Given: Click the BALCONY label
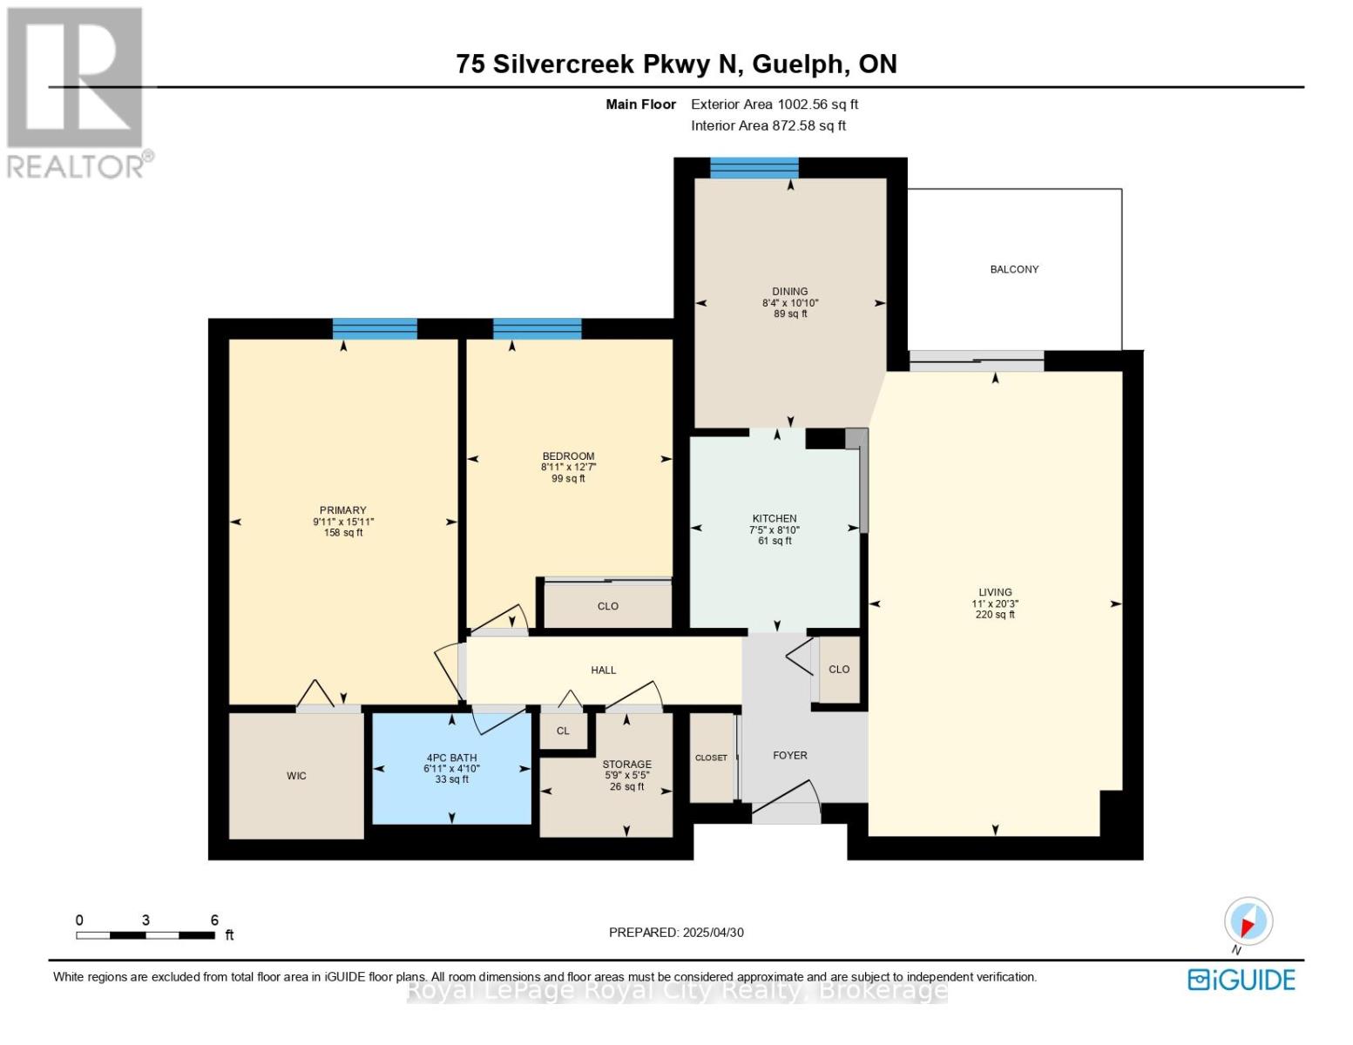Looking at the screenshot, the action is point(1013,269).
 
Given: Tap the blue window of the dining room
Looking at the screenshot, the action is point(754,168).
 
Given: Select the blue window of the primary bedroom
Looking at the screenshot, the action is point(375,328).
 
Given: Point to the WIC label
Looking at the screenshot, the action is point(296,776).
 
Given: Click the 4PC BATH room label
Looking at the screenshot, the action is point(451,758).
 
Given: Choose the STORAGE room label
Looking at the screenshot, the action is point(626,764).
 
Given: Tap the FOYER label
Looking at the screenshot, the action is point(789,755).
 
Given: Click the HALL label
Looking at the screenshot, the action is point(604,670).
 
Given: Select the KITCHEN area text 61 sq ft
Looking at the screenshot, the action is point(774,541).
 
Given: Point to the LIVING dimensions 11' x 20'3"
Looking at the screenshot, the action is point(994,603).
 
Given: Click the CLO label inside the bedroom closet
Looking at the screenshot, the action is point(608,605).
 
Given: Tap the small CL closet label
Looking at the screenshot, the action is point(563,730).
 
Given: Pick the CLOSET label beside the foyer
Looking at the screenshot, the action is point(711,758).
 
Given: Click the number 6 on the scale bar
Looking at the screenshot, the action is point(214,920).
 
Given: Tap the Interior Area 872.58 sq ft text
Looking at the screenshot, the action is point(768,125).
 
